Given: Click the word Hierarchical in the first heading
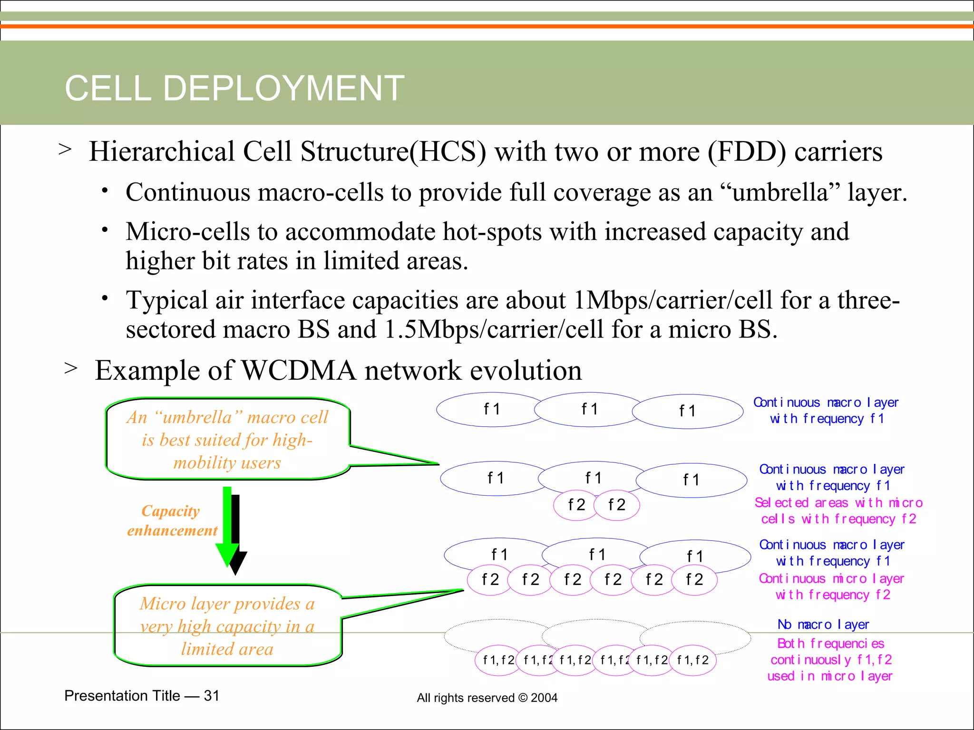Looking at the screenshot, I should coord(161,152).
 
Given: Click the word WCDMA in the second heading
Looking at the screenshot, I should coord(299,370).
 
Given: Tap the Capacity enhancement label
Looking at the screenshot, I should coord(172,520).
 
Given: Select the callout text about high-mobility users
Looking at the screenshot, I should coord(227,440).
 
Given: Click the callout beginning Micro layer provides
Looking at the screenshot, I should coord(227,626).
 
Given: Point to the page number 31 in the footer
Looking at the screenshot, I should coord(212,696).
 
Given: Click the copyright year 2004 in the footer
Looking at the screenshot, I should coord(544,698).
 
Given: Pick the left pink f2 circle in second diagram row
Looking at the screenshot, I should coord(576,505).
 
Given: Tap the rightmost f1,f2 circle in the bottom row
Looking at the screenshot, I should coord(693,660).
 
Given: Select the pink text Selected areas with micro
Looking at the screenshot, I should coord(838,503).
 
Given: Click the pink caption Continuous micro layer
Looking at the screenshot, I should coord(831,578).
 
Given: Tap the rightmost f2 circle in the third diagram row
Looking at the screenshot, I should coord(694,579).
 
